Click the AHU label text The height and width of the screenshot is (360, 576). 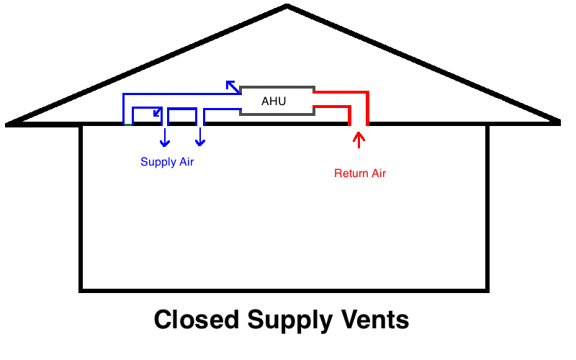pyautogui.click(x=274, y=102)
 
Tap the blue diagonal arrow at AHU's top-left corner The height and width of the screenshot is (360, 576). pyautogui.click(x=232, y=86)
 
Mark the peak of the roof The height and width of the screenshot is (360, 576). pyautogui.click(x=287, y=6)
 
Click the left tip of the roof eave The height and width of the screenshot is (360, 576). pyautogui.click(x=7, y=124)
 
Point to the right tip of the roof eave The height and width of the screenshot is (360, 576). pyautogui.click(x=558, y=122)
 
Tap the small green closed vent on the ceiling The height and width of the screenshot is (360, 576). pyautogui.click(x=127, y=125)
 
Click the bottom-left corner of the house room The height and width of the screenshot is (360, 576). pyautogui.click(x=81, y=290)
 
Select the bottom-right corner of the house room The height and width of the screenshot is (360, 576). pyautogui.click(x=488, y=290)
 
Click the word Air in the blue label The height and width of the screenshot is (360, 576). pyautogui.click(x=186, y=162)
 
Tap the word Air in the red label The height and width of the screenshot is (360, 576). pyautogui.click(x=378, y=174)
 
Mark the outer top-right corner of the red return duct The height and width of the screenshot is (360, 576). pyautogui.click(x=368, y=92)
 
